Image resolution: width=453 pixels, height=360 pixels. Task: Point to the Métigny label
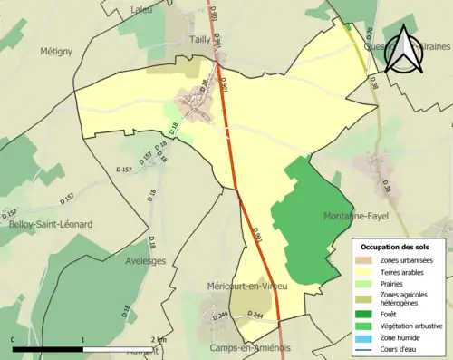[x=55, y=52]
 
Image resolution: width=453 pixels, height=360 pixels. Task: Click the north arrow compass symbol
[x=405, y=50]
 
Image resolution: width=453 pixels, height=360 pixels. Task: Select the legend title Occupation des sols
[x=397, y=247]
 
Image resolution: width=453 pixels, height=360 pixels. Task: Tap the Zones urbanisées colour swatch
[x=366, y=260]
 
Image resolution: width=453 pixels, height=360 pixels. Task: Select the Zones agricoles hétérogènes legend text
[x=407, y=299]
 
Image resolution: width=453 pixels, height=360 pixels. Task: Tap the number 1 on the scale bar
[x=83, y=339]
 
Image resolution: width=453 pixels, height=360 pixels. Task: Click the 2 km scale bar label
[x=159, y=339]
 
